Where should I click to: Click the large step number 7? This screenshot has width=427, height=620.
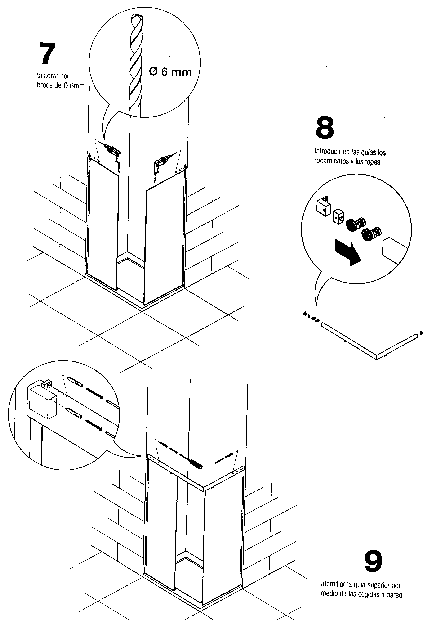(x=48, y=53)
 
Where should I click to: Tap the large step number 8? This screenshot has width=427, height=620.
(x=325, y=128)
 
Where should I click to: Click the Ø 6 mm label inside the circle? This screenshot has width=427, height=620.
(x=170, y=72)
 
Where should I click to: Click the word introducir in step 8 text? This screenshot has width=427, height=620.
(x=328, y=152)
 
